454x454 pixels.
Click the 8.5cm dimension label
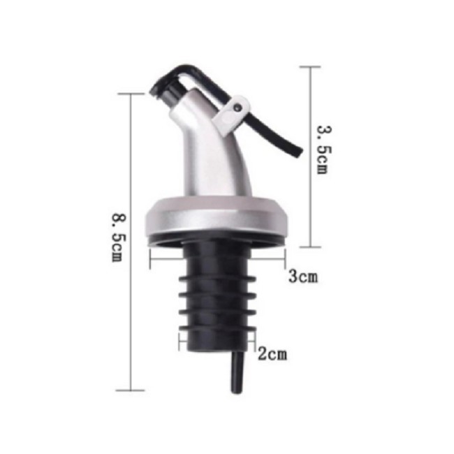119,237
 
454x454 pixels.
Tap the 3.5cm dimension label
324,149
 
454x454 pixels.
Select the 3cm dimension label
303,276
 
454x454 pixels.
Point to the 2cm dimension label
272,354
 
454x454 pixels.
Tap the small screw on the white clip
238,108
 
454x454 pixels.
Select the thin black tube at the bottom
237,372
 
